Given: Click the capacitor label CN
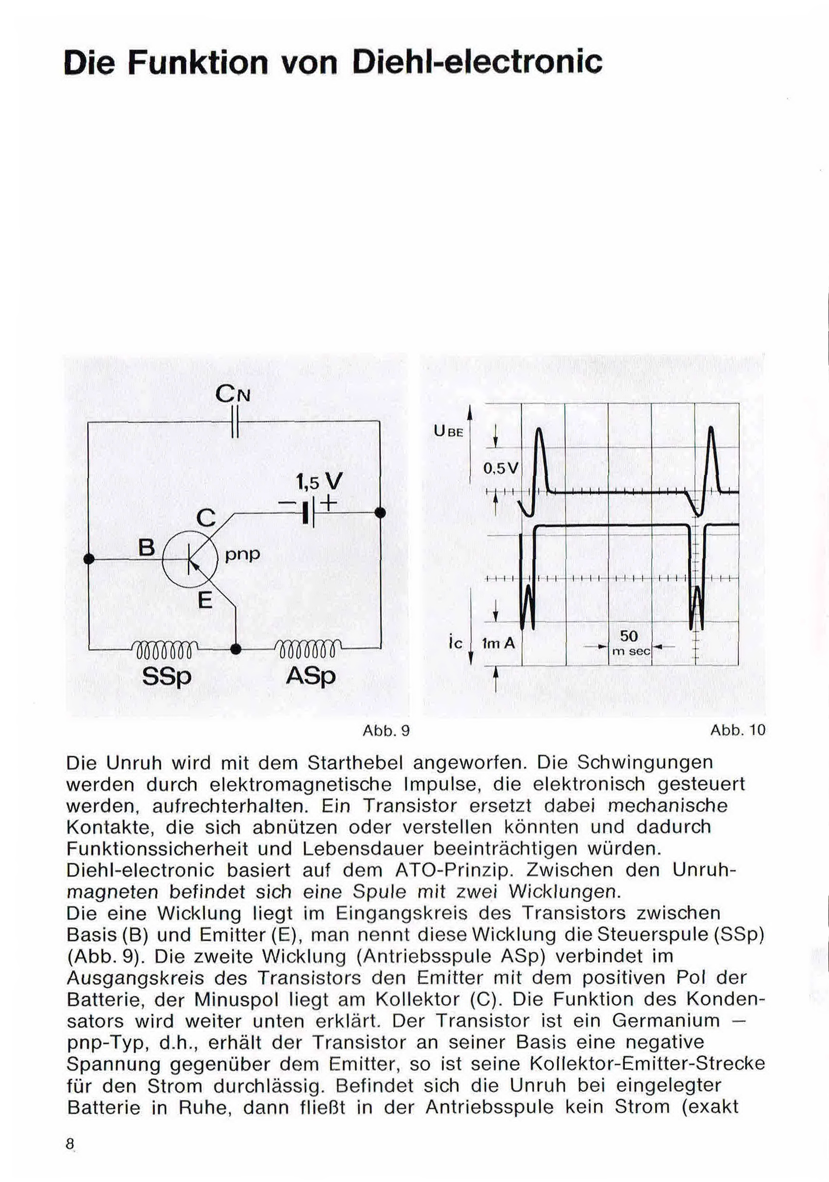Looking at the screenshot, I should click(233, 395).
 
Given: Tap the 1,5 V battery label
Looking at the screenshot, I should click(319, 482).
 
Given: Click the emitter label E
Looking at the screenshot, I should click(205, 600).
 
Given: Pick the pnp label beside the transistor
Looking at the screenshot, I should click(243, 554).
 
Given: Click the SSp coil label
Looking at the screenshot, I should click(166, 676).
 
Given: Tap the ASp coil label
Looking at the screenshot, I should click(311, 676).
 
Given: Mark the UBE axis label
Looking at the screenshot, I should click(449, 432).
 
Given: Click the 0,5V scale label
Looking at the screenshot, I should click(502, 468).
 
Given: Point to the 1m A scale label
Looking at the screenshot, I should click(498, 643).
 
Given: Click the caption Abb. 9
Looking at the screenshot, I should click(386, 731).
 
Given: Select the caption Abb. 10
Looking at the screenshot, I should click(737, 730).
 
